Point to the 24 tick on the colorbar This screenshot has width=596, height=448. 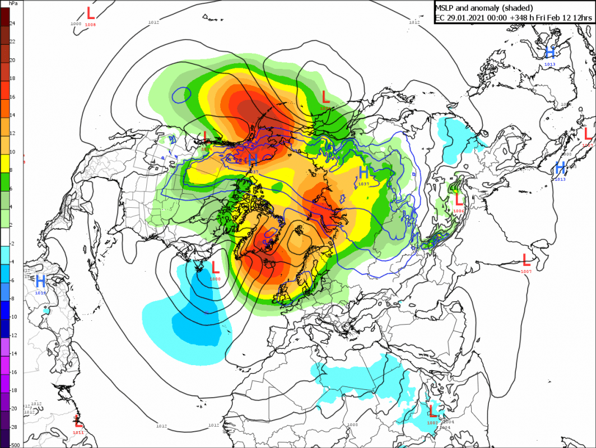click(12, 24)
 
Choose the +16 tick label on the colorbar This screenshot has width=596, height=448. click(12, 97)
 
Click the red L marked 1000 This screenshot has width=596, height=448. click(215, 269)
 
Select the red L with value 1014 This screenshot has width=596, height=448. click(206, 136)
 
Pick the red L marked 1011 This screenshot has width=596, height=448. click(78, 421)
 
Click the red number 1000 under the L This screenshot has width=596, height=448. click(215, 278)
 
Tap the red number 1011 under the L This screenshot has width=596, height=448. click(78, 432)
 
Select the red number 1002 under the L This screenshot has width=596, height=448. click(432, 422)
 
